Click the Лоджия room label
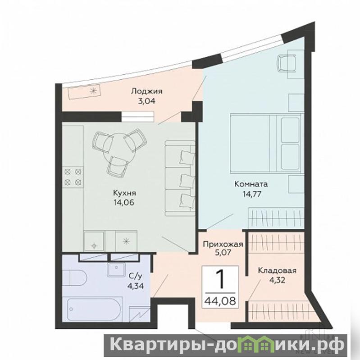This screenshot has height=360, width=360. pyautogui.click(x=146, y=91)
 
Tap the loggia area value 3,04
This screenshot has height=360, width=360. pyautogui.click(x=146, y=101)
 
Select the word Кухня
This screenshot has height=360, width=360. pyautogui.click(x=124, y=193)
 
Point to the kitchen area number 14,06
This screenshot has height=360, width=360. pyautogui.click(x=123, y=202)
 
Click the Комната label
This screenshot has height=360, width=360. pyautogui.click(x=251, y=184)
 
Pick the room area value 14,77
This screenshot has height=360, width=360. pyautogui.click(x=252, y=194)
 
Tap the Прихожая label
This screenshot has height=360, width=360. pyautogui.click(x=223, y=244)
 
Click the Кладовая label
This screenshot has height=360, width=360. pyautogui.click(x=277, y=270)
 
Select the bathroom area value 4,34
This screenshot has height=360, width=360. pyautogui.click(x=136, y=286)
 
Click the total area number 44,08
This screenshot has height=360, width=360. pyautogui.click(x=220, y=301)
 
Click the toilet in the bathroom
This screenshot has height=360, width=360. pyautogui.click(x=74, y=278)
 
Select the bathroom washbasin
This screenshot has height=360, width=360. pyautogui.click(x=116, y=269)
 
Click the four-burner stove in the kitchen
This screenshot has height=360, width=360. pyautogui.click(x=73, y=177)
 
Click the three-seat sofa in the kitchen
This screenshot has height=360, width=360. pyautogui.click(x=180, y=178)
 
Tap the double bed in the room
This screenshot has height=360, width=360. pyautogui.click(x=267, y=143)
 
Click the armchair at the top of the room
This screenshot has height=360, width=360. pyautogui.click(x=286, y=63)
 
